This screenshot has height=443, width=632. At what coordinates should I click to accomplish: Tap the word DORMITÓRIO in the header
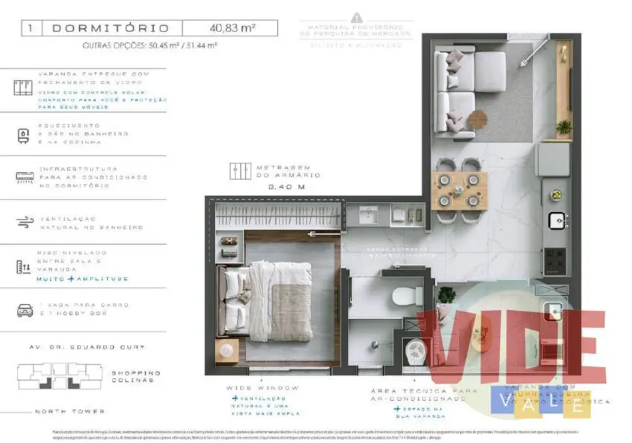tap(110, 28)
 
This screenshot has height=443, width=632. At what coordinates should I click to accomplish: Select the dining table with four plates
tap(458, 190)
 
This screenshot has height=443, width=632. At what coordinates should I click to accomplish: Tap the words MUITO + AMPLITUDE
tap(82, 279)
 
